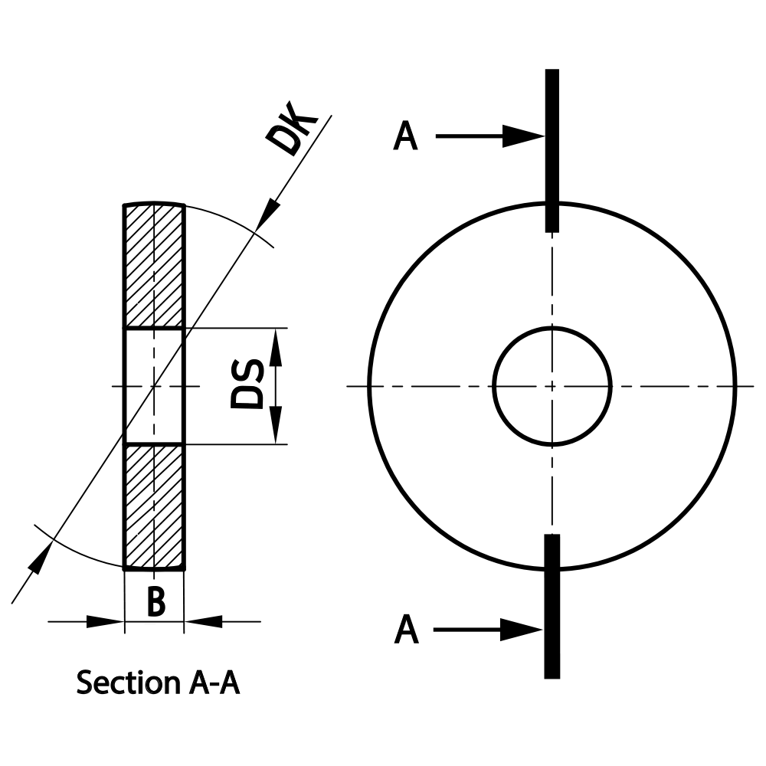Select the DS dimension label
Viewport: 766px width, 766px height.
(x=249, y=385)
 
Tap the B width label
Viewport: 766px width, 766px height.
(x=155, y=601)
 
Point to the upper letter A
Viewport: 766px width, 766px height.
(x=406, y=138)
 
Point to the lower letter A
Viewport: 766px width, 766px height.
(x=407, y=630)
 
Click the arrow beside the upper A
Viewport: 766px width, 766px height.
(x=490, y=137)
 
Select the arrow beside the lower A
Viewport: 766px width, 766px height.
(x=490, y=630)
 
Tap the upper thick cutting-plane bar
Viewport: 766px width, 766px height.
(x=552, y=149)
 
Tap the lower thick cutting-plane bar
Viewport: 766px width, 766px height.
(x=552, y=605)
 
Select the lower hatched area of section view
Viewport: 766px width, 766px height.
(x=154, y=506)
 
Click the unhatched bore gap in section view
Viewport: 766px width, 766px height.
(x=154, y=386)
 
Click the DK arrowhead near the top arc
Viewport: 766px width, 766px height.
(x=267, y=212)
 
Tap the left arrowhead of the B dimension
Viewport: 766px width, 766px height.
(x=107, y=621)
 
